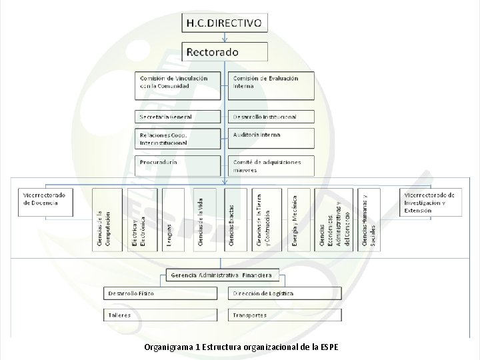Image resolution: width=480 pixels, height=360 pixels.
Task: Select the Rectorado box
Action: pyautogui.click(x=225, y=51)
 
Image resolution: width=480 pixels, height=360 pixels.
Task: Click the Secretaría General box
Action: pyautogui.click(x=178, y=117)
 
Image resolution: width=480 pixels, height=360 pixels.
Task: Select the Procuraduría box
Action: pyautogui.click(x=178, y=165)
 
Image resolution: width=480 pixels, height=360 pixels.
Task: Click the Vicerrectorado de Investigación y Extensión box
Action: pyautogui.click(x=429, y=203)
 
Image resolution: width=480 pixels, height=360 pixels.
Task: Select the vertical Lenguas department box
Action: pyautogui.click(x=172, y=219)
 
